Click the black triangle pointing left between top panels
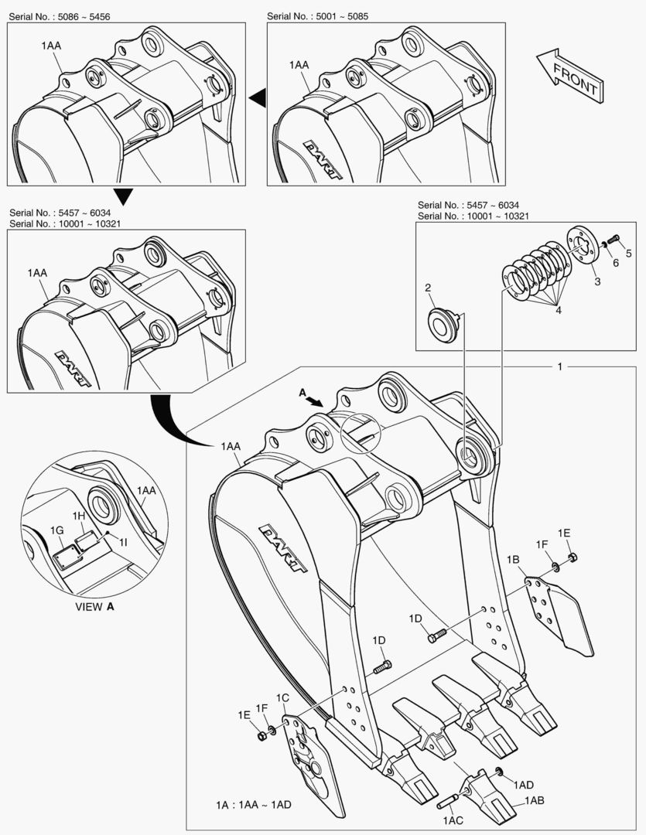257,97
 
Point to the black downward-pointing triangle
123,196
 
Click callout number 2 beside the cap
427,288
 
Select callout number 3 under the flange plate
597,281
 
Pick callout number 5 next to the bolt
628,253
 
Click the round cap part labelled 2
443,323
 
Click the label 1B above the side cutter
513,559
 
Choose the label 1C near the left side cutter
282,698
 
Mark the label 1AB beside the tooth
535,801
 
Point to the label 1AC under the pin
453,819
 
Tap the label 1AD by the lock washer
524,783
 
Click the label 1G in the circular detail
56,530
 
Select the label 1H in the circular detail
79,516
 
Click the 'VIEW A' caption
94,606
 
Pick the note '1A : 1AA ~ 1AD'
254,805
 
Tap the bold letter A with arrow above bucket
303,393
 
